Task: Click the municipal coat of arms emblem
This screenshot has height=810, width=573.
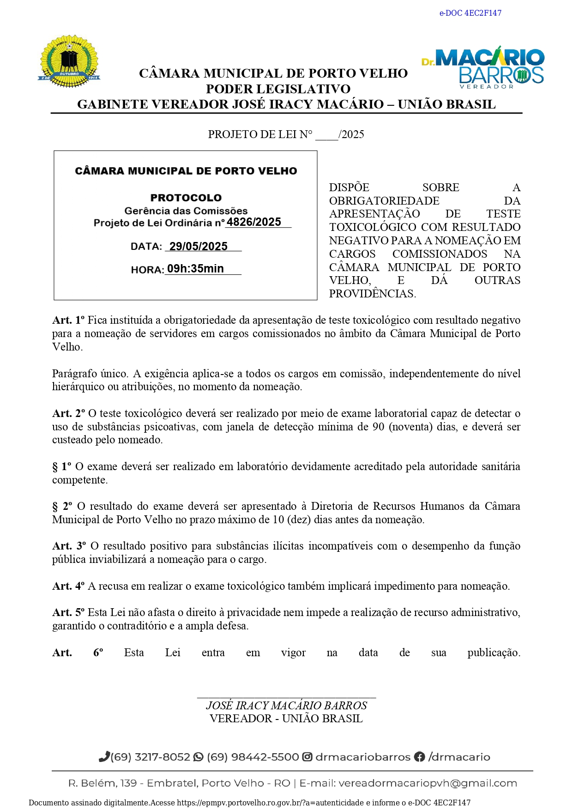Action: click(x=69, y=61)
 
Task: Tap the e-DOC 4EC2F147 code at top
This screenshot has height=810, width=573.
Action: click(x=470, y=13)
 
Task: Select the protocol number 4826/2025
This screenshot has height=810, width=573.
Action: click(x=253, y=222)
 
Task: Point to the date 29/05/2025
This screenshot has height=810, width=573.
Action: click(x=198, y=246)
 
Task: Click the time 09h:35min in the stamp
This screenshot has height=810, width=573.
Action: click(x=195, y=269)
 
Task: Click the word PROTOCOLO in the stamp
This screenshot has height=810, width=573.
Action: click(x=186, y=198)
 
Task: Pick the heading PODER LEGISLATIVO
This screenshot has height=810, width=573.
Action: click(x=278, y=89)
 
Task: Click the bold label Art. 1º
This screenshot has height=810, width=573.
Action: click(x=68, y=320)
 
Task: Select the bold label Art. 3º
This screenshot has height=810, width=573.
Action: click(x=69, y=546)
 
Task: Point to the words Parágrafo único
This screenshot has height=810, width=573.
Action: click(x=90, y=374)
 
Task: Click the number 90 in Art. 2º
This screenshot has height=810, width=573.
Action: click(x=378, y=427)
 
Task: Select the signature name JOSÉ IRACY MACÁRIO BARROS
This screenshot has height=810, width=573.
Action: click(x=286, y=705)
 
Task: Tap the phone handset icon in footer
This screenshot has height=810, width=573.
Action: click(x=104, y=756)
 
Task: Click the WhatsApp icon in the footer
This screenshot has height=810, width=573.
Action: click(x=199, y=757)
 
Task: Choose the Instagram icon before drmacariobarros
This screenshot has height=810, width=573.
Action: click(x=307, y=757)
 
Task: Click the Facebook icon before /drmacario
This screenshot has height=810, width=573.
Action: click(x=419, y=757)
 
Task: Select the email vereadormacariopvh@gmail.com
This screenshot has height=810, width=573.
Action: click(x=428, y=783)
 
